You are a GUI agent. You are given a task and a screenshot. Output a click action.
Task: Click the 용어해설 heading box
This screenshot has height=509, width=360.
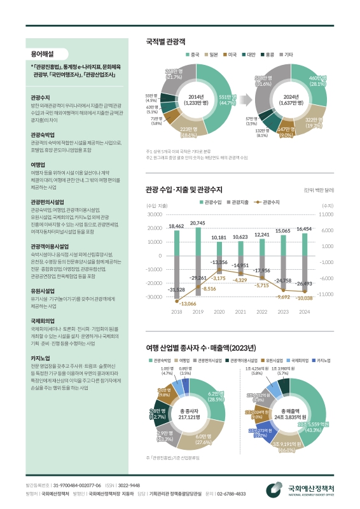[x=42, y=54]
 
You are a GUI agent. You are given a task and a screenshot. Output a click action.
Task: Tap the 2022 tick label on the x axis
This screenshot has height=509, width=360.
[x=262, y=311]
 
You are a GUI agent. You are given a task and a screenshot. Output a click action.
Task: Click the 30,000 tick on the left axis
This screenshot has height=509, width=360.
[x=155, y=214]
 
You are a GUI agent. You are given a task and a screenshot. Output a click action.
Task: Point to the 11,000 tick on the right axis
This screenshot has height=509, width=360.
[x=328, y=214]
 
